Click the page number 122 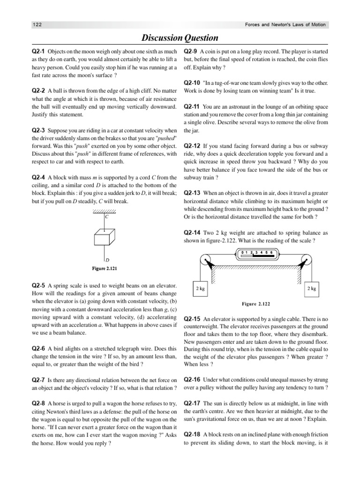(37, 25)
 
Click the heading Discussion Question (180, 38)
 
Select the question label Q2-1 (38, 51)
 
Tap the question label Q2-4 (38, 178)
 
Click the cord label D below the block (107, 259)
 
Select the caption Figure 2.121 (105, 269)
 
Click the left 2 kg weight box (200, 289)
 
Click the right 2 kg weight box (311, 289)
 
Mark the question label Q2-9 (191, 51)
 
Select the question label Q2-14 (193, 232)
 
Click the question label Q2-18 (193, 434)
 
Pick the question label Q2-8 (38, 403)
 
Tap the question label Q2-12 (193, 146)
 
